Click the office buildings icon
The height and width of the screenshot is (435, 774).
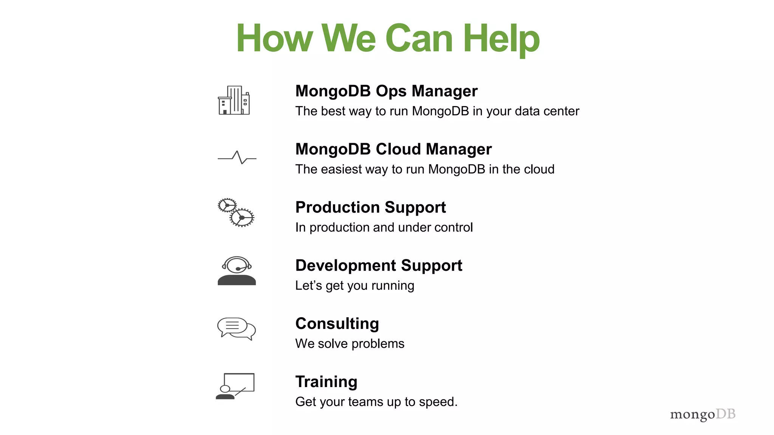pos(234,100)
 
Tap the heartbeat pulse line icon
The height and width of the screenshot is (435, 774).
pos(237,157)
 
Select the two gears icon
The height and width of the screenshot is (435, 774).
pos(236,212)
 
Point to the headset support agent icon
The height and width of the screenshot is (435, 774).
pos(237,271)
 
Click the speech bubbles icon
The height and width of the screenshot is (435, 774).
pos(237,329)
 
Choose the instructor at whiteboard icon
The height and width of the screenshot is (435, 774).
pos(235,386)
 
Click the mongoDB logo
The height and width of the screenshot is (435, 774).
pos(703,414)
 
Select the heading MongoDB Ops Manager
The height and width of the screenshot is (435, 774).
pos(386,91)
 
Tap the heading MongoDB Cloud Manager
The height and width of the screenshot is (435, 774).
pos(393,149)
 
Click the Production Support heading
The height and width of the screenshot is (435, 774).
pos(370,207)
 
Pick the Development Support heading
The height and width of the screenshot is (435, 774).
pos(379,265)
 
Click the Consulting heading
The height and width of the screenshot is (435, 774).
pos(337,324)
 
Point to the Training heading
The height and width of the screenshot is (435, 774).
pos(326,382)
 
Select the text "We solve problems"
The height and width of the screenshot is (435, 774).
pos(350,344)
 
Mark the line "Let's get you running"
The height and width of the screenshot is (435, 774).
pos(354,286)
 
